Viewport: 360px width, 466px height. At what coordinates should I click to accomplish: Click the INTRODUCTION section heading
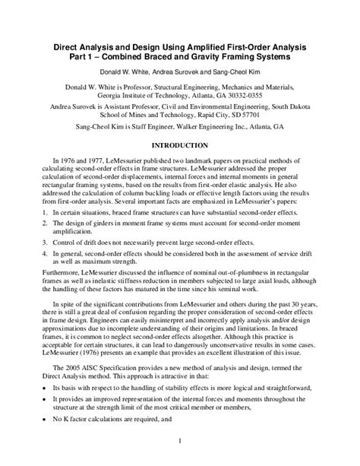(x=180, y=144)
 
